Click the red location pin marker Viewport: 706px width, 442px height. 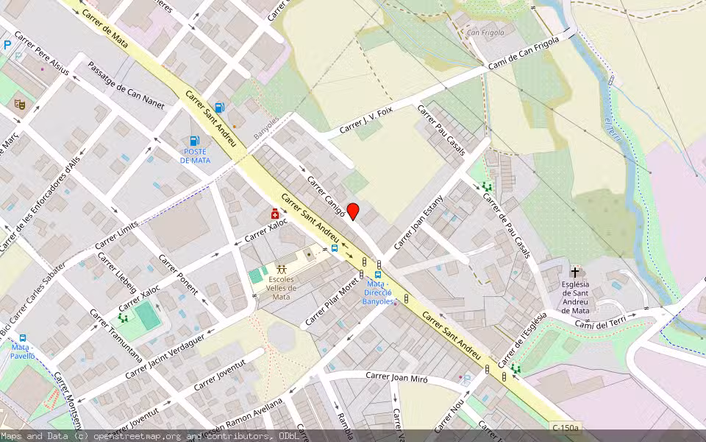coord(353,211)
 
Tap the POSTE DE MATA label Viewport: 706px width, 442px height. coord(195,155)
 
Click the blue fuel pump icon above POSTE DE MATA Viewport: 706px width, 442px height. coord(195,140)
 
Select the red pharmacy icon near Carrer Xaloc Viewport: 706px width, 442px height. coord(275,214)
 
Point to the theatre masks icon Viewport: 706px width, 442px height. coord(20,105)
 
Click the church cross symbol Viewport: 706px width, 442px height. coord(574,272)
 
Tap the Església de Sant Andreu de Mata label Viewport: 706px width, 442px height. coord(575,297)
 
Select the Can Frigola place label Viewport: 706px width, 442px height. coord(485,32)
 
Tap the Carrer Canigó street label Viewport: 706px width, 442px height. coord(327,195)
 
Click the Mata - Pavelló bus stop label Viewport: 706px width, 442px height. coord(22,351)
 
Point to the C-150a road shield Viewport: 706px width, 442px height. coord(566,427)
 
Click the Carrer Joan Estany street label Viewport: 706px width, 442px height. coord(419,222)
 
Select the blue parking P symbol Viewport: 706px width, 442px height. coord(7,45)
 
